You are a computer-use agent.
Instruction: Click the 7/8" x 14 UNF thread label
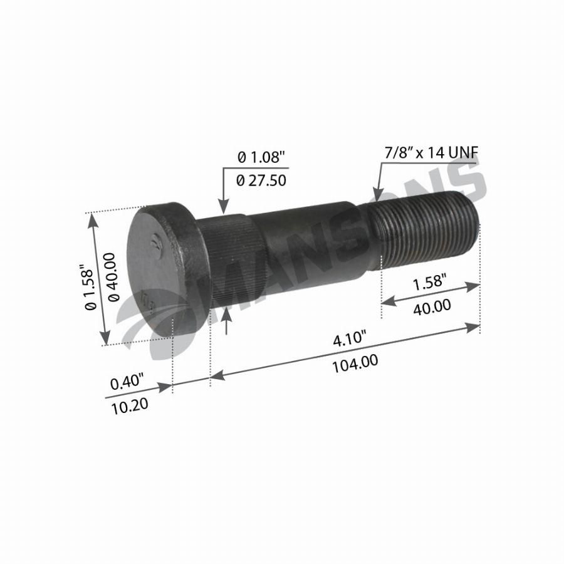pos(432,154)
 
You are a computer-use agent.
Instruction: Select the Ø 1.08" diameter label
pos(261,157)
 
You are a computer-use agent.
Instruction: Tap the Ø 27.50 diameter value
pos(261,180)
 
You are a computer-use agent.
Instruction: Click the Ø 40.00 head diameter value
pos(111,277)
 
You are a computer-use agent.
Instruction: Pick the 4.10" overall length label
pos(349,339)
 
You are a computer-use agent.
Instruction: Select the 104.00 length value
pos(355,363)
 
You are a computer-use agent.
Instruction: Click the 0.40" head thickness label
pos(127,382)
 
